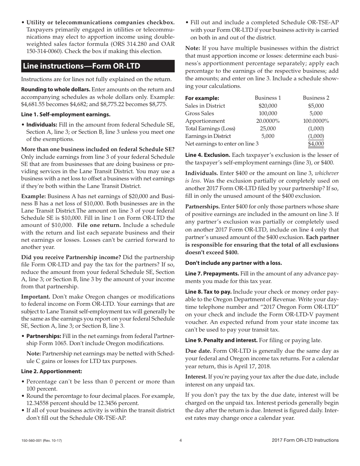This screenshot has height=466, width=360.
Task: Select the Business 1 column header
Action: coord(268,98)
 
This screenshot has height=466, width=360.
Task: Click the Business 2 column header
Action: coord(316,98)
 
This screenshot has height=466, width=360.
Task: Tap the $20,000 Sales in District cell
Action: coord(268,106)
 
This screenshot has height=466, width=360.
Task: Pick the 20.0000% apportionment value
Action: coord(268,121)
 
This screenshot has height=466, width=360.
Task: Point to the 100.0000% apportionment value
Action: coord(316,121)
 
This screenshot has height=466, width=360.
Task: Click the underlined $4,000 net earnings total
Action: coord(316,144)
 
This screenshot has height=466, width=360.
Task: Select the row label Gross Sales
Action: coord(199,113)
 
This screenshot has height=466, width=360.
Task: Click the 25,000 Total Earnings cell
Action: coord(268,128)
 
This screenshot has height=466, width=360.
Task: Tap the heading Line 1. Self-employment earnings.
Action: coord(66,114)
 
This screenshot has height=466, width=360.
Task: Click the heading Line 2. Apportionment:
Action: coord(51,371)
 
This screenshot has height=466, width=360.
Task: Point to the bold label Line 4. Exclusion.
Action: coord(207,155)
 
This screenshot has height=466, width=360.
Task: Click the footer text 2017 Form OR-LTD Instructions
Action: coord(305,440)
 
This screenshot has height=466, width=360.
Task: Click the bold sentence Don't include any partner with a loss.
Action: coord(233,263)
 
